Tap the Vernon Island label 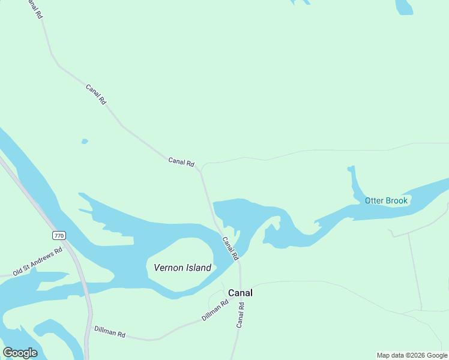pos(182,268)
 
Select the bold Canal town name pos(240,293)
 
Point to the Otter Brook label pos(386,200)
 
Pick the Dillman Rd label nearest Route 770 pos(109,331)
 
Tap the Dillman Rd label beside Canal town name pos(215,310)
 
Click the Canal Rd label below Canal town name pos(241,314)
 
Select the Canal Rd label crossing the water pos(231,248)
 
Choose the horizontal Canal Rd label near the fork pos(181,161)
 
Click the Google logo pos(20,353)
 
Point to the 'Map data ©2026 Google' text pos(412,355)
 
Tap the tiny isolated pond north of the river pos(85,142)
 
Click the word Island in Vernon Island pos(197,268)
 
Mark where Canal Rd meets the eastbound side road pos(201,170)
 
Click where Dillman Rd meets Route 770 pos(90,327)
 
